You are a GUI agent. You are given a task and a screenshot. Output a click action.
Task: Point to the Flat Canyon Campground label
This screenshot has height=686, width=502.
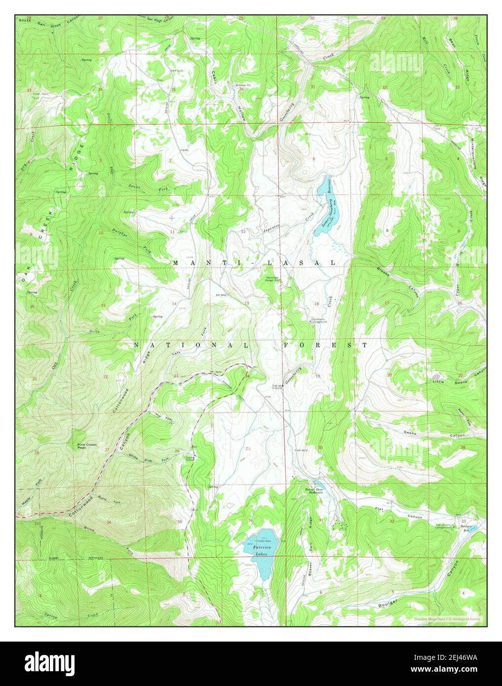pos(445,526)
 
